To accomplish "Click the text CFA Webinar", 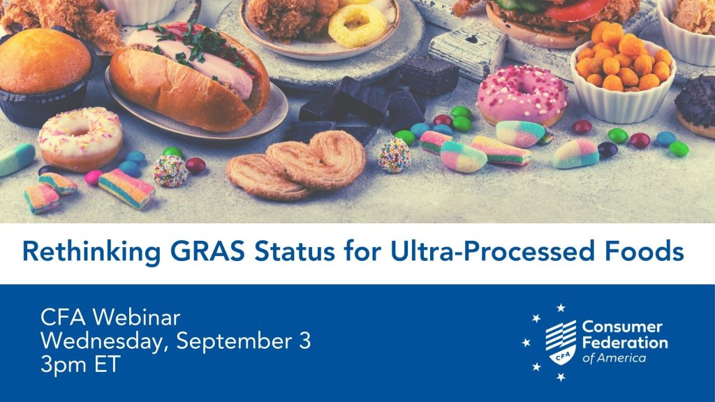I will click(110, 318).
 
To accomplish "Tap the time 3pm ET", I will click(80, 364).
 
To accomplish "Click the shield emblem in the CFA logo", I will click(561, 343).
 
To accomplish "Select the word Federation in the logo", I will click(625, 343).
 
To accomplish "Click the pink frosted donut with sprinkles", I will click(522, 95).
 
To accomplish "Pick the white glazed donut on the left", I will click(80, 138).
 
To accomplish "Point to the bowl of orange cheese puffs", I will click(622, 70).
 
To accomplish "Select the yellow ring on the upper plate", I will click(357, 25).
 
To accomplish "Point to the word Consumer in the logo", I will click(622, 327).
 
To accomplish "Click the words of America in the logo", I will click(614, 358).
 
